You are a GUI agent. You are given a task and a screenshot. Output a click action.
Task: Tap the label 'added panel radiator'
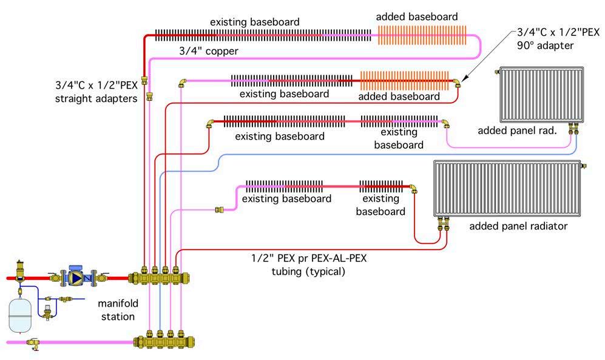[518, 226]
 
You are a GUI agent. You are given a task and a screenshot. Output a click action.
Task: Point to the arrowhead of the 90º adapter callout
[462, 79]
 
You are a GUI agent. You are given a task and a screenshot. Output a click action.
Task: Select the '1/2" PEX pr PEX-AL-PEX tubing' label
[308, 265]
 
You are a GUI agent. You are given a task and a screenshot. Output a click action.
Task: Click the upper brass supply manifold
[161, 277]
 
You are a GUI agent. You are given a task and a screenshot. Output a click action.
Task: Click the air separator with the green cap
[20, 267]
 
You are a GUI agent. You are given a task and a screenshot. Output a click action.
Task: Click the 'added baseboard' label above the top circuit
[416, 16]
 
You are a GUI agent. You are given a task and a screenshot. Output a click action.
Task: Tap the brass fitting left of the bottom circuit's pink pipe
[220, 210]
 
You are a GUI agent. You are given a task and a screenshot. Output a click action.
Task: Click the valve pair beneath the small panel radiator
[573, 128]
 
